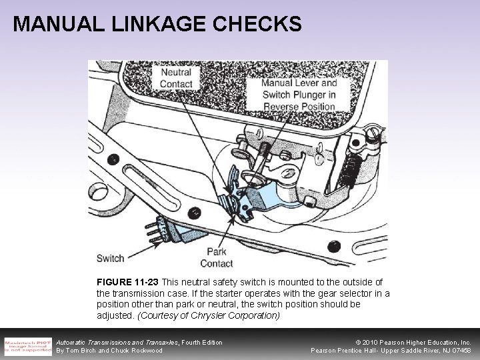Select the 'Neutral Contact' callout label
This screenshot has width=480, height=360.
175,78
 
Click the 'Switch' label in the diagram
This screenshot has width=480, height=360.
110,258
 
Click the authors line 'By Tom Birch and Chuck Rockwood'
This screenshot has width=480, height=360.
109,351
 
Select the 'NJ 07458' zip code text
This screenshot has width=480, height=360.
456,351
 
